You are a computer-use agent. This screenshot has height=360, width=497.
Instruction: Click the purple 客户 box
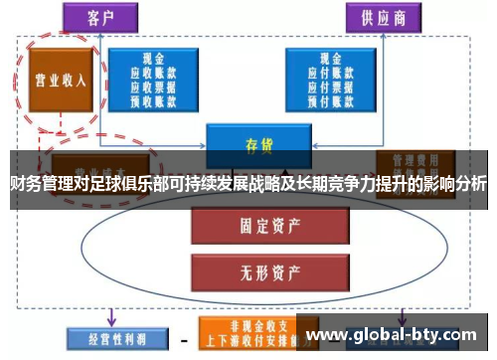pyautogui.click(x=100, y=17)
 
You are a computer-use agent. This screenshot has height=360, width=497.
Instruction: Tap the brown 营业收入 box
pyautogui.click(x=60, y=80)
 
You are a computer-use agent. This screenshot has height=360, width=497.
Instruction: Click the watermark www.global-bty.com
pyautogui.click(x=403, y=335)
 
